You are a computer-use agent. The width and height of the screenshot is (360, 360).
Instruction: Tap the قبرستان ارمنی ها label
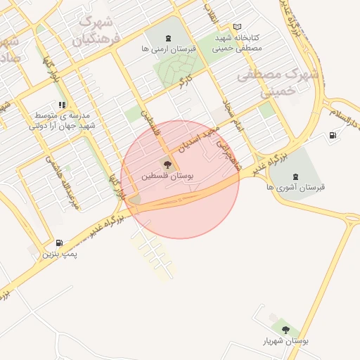[167, 50]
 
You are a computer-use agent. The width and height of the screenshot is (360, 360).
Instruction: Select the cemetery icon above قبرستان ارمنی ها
[167, 38]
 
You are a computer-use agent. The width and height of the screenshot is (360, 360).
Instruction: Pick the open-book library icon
[237, 27]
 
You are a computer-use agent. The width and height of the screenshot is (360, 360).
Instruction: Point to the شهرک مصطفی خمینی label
[280, 82]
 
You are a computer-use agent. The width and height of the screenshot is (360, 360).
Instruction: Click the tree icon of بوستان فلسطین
[167, 165]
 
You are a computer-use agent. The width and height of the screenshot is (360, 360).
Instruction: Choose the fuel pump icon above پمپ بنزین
[59, 243]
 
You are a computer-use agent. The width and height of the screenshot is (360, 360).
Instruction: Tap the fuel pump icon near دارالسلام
[333, 135]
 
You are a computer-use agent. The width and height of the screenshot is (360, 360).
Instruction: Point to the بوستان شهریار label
[285, 341]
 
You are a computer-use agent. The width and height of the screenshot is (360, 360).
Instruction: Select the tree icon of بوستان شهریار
[285, 329]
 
